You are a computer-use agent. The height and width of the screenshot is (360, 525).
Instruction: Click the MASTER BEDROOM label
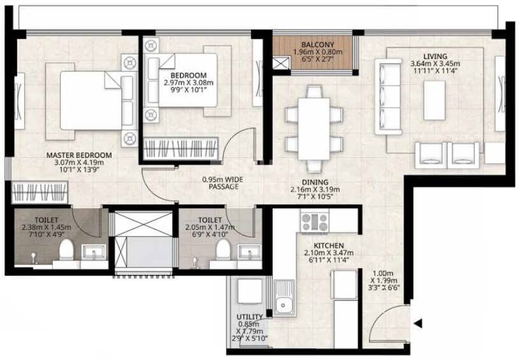[78, 155]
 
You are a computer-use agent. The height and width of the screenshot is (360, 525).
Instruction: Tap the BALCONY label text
[313, 44]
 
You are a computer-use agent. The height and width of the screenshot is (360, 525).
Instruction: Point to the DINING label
[315, 182]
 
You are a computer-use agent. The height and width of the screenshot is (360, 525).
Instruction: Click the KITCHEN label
[329, 245]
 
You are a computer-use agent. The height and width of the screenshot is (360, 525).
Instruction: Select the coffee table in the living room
[435, 99]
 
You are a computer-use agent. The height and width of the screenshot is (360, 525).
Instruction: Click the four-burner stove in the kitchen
[314, 222]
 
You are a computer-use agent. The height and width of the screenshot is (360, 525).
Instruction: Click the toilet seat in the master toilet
[66, 252]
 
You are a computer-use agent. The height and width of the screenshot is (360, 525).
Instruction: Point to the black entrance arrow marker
[417, 324]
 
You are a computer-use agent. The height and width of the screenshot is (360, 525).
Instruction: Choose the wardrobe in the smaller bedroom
[182, 150]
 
